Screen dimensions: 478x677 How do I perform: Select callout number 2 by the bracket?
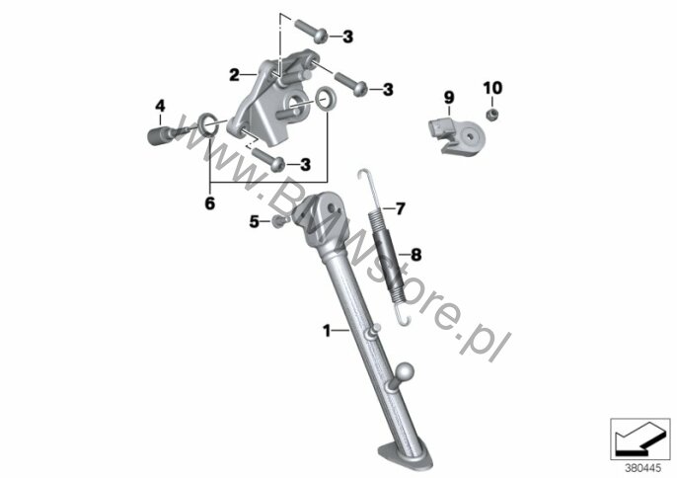tap(234, 74)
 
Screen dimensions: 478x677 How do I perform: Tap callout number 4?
tap(158, 105)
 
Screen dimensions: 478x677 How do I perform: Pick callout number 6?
tap(209, 203)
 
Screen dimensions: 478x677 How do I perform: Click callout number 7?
tap(401, 208)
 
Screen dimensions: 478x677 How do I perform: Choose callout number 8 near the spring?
tap(415, 255)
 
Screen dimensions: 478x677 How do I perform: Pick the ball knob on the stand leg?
tap(405, 374)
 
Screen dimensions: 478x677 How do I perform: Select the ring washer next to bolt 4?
tap(207, 124)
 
